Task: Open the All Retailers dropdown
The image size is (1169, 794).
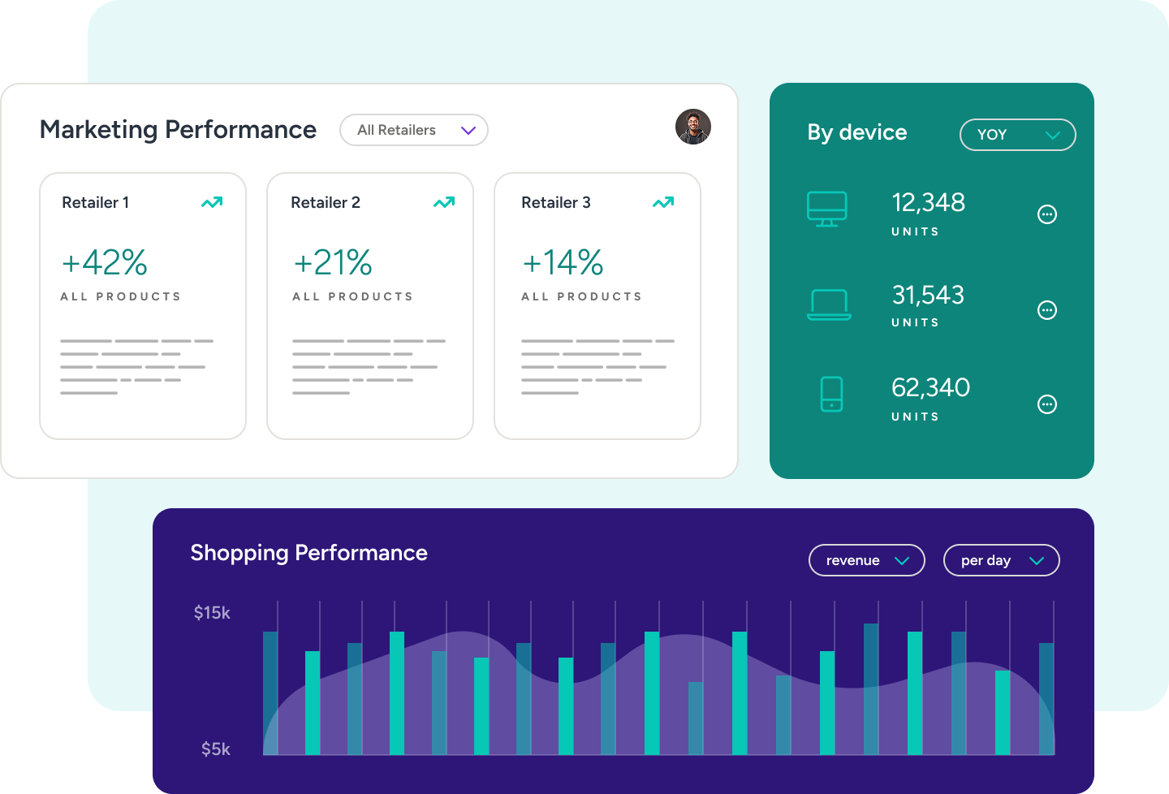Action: (413, 130)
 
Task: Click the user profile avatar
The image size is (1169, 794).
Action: (693, 127)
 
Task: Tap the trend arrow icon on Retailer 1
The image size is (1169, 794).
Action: (212, 202)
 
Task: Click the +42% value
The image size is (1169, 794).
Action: (105, 263)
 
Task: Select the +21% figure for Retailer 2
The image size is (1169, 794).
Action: (333, 263)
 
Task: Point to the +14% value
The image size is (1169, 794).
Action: (563, 263)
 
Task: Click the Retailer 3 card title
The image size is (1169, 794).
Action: (556, 202)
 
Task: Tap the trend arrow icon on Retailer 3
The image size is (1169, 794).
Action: (663, 202)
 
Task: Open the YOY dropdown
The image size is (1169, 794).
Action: (1017, 135)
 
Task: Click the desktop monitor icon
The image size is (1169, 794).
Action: (826, 209)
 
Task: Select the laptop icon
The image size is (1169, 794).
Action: (829, 304)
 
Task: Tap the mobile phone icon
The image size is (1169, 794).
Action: (831, 394)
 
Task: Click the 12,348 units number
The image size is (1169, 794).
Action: (928, 202)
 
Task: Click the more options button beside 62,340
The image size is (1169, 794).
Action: (1047, 404)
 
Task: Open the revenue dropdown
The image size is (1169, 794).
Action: (866, 560)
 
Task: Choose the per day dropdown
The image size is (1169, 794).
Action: (1001, 560)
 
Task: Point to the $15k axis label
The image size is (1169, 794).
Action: (212, 613)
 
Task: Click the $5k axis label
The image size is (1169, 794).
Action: (216, 749)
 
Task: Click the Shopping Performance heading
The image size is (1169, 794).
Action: (308, 553)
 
